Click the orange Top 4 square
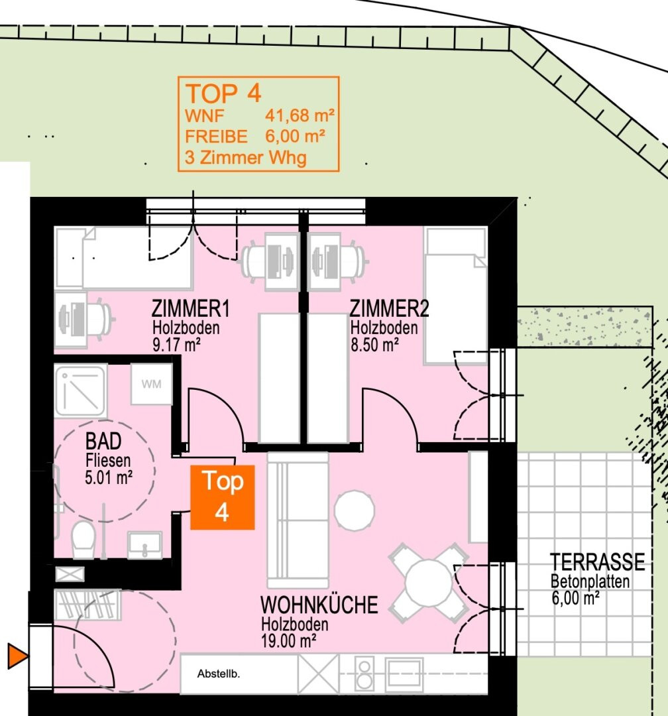click(223, 497)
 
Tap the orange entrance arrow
click(17, 656)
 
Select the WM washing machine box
click(151, 384)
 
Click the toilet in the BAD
click(83, 540)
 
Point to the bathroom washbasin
click(144, 545)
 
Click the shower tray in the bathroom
click(81, 391)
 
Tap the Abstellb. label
click(218, 674)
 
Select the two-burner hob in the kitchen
click(364, 674)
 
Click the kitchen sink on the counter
click(404, 674)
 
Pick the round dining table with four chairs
click(428, 583)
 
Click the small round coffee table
click(355, 510)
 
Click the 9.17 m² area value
click(176, 345)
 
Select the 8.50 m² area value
click(374, 345)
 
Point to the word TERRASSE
click(597, 562)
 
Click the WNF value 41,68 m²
click(300, 115)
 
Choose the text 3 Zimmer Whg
click(246, 158)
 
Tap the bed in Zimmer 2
click(456, 296)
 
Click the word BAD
click(103, 442)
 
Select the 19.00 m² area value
click(288, 640)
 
